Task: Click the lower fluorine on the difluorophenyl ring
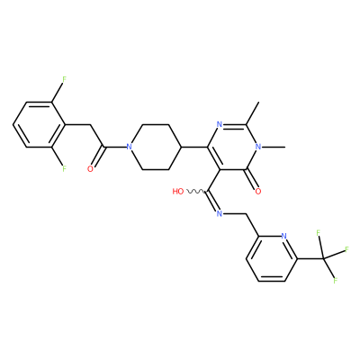[x=64, y=169]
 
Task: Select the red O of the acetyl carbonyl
[x=90, y=169]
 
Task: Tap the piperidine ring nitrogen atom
[x=129, y=147]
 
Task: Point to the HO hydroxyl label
[x=178, y=192]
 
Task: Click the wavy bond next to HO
[x=195, y=192]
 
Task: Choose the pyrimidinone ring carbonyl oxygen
[x=258, y=192]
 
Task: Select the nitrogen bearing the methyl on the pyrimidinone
[x=258, y=147]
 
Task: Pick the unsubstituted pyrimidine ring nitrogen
[x=220, y=124]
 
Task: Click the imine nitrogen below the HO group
[x=220, y=213]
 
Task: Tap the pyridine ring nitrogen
[x=284, y=236]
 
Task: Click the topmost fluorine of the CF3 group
[x=319, y=233]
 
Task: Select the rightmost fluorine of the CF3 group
[x=347, y=249]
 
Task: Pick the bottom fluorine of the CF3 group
[x=336, y=281]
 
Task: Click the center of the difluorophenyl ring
[x=39, y=124]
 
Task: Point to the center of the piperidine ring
[x=155, y=147]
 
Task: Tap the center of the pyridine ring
[x=272, y=258]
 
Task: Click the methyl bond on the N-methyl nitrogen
[x=274, y=147]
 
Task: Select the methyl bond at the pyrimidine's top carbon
[x=252, y=113]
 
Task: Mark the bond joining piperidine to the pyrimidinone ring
[x=194, y=147]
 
